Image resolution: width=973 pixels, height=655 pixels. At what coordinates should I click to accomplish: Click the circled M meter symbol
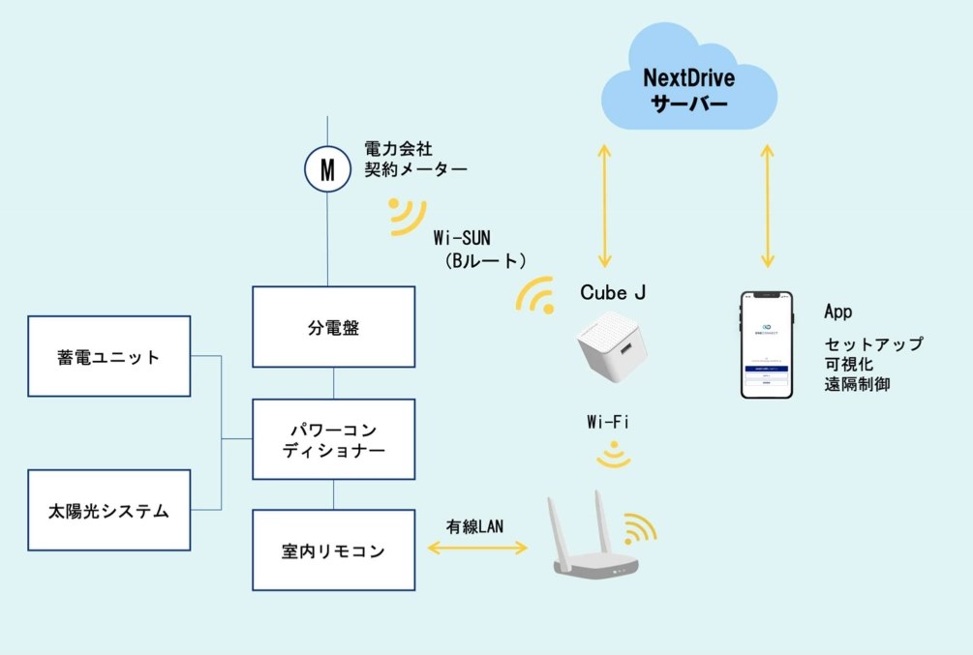(327, 170)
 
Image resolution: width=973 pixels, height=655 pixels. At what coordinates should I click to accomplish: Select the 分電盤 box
(333, 327)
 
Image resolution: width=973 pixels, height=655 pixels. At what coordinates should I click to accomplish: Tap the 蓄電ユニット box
(109, 356)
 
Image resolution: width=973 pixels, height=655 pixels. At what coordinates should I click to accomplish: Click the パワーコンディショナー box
(333, 439)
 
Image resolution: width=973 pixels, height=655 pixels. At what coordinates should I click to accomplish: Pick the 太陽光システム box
(109, 510)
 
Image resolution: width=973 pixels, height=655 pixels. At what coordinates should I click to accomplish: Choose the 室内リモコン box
(333, 551)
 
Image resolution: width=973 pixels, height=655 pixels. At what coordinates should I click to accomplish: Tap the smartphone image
(767, 345)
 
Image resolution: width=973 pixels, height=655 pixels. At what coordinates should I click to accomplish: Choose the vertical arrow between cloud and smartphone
(768, 206)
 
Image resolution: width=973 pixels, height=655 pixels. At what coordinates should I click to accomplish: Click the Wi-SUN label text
(464, 236)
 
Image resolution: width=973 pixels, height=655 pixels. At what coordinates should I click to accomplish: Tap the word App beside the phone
(837, 312)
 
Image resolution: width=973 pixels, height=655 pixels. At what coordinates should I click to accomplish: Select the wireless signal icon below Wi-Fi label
(614, 456)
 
